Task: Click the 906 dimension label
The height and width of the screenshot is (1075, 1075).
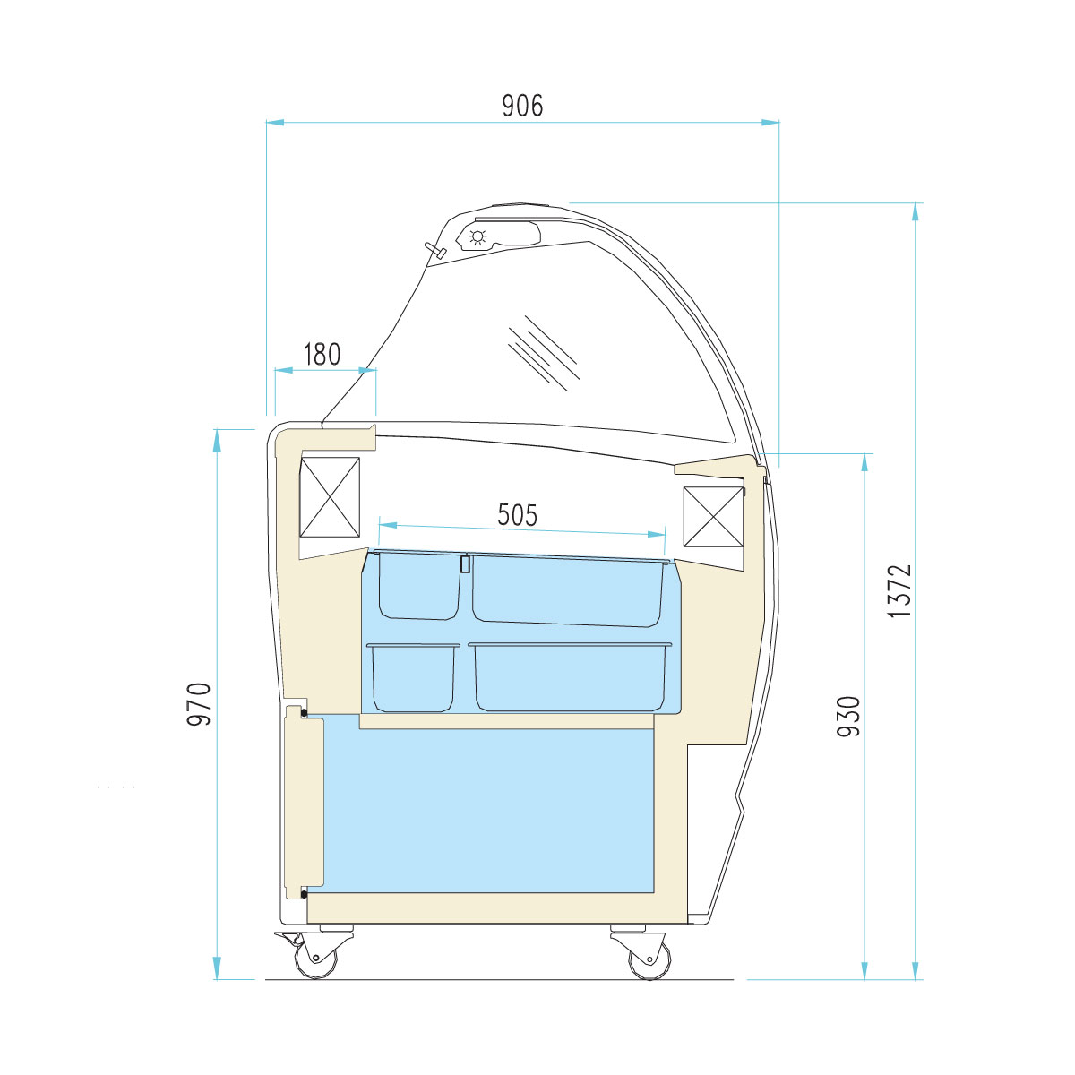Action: [522, 106]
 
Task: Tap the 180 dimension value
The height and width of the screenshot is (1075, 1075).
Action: [322, 354]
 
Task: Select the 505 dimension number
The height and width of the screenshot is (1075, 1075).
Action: [517, 514]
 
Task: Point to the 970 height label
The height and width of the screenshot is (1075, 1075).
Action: [199, 704]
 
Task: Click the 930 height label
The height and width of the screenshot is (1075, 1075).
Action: [848, 717]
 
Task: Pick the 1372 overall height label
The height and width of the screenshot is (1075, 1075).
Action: [899, 590]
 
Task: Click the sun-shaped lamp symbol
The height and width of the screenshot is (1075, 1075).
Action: [477, 237]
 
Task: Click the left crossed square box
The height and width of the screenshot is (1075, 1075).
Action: [330, 497]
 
